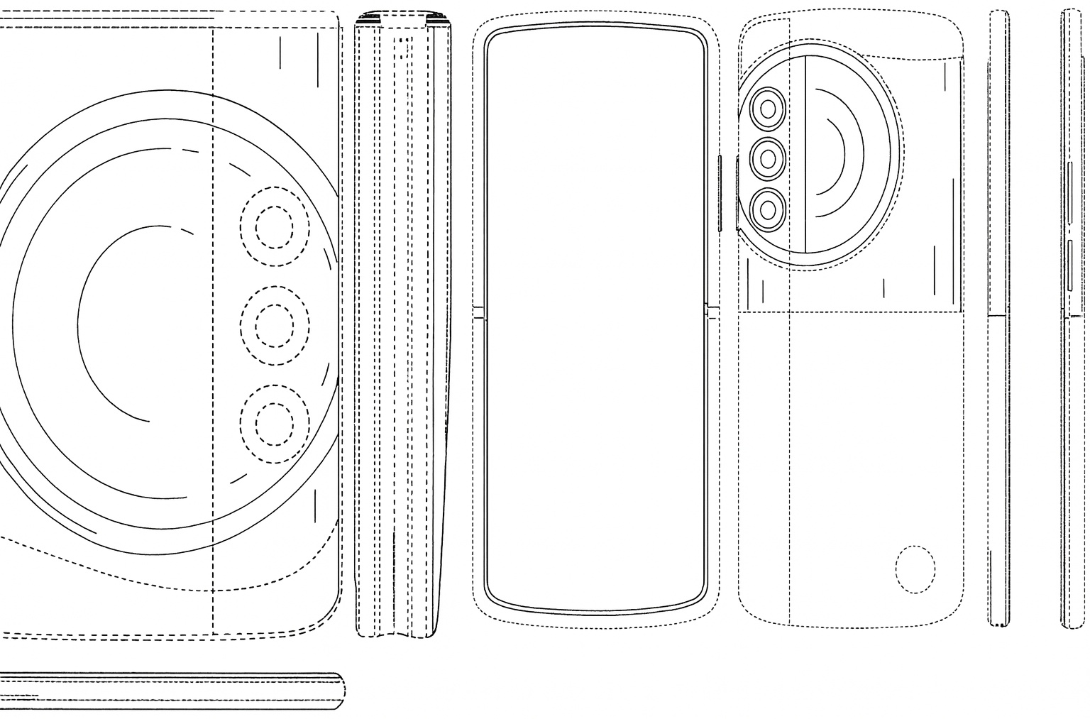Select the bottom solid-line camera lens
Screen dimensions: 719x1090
768,209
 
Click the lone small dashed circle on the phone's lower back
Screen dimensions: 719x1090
915,569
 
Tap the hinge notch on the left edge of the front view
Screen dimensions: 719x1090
478,312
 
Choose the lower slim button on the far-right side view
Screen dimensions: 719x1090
1069,266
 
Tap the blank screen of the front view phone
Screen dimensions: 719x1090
596,319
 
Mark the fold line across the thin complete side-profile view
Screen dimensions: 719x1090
998,314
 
